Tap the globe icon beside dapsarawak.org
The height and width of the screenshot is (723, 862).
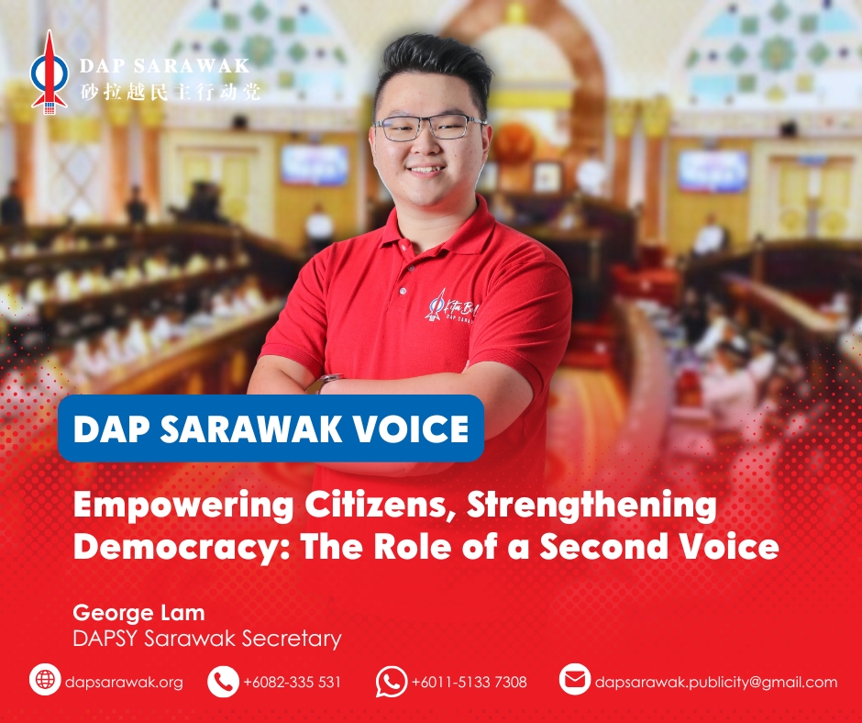(45, 680)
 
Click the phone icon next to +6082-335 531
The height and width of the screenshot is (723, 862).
(223, 681)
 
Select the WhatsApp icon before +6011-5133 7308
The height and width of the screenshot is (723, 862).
(392, 681)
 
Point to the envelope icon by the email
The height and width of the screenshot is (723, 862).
(574, 679)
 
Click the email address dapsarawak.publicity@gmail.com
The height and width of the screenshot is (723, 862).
(716, 683)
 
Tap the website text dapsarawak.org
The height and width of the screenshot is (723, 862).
(124, 683)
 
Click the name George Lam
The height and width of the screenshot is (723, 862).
(138, 613)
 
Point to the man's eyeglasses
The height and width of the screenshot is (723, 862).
(429, 128)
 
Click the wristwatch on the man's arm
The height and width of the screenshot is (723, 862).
(324, 384)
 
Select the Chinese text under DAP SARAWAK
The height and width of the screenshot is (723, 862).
(170, 92)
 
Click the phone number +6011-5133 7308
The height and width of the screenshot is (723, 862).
(469, 683)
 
